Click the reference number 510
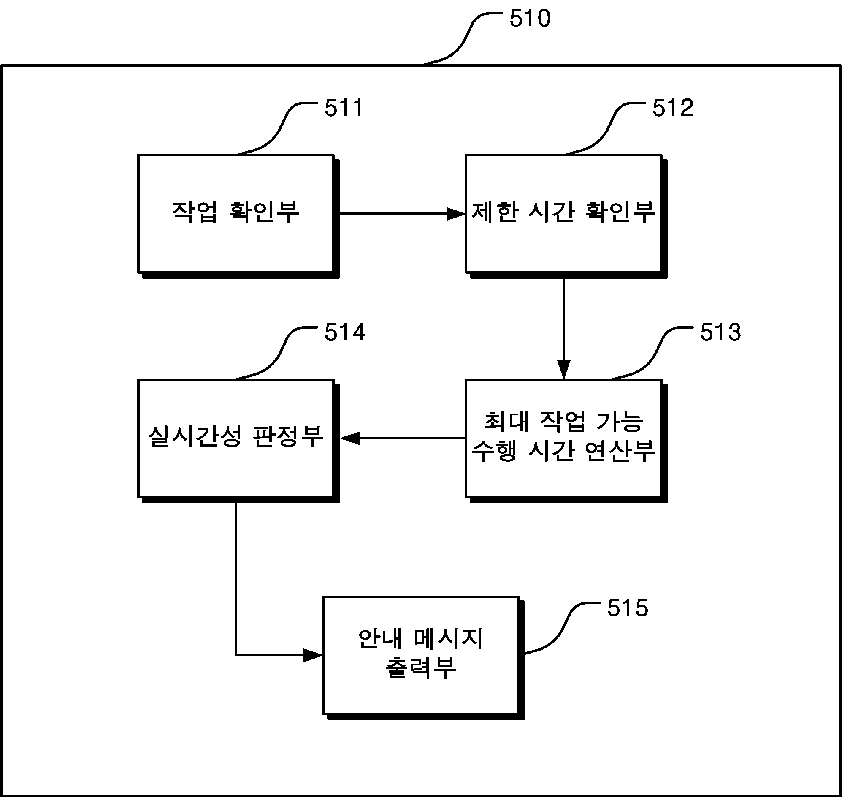(x=530, y=19)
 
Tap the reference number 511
(x=344, y=108)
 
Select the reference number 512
(x=673, y=108)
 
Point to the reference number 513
(x=720, y=332)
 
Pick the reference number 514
(x=345, y=332)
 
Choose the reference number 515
(x=627, y=608)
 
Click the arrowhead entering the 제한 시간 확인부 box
(x=456, y=214)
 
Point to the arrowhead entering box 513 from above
(x=563, y=370)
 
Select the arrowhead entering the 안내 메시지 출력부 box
(x=313, y=655)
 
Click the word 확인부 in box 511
(x=264, y=211)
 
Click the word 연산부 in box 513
(x=620, y=451)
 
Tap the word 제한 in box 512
(x=495, y=211)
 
